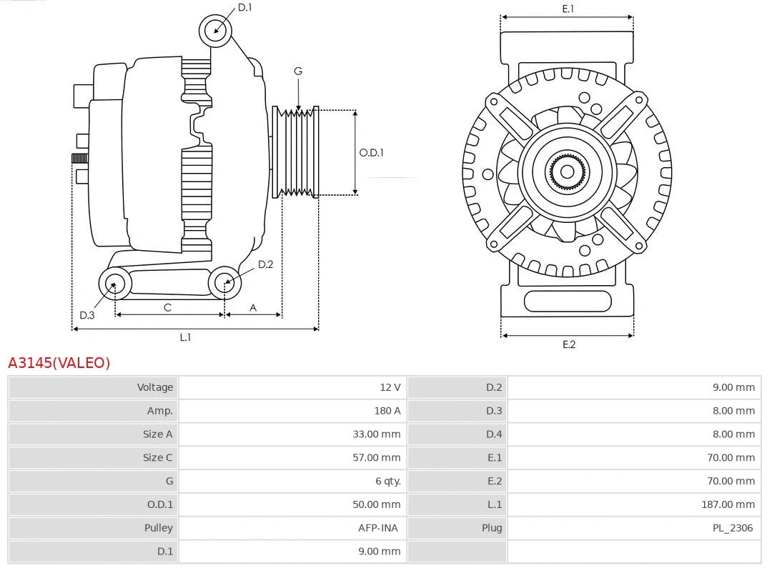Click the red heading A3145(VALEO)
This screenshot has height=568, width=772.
point(59,363)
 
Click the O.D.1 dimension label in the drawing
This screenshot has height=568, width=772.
point(371,152)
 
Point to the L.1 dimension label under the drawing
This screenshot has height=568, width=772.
point(185,337)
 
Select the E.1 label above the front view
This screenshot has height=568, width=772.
point(568,9)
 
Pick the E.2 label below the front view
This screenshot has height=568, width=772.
point(568,344)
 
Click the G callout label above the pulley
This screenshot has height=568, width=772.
point(298,71)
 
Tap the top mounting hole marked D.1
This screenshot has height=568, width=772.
point(216,30)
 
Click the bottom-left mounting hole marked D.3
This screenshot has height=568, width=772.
point(114,284)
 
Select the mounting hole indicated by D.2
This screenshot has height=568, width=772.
point(225,283)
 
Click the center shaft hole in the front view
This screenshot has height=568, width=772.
point(567,171)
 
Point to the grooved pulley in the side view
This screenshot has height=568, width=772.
point(296,152)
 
